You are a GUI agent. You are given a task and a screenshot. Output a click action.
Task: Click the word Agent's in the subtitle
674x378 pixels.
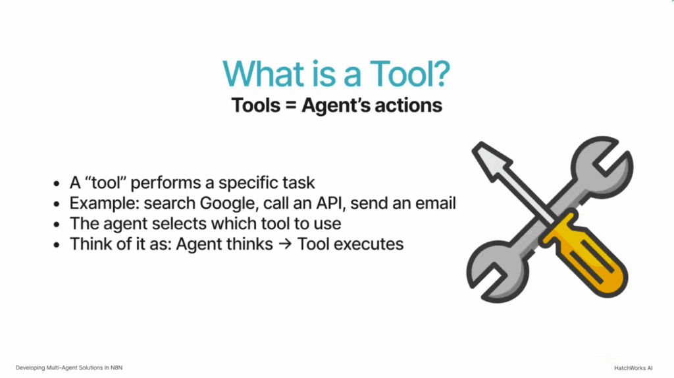pyautogui.click(x=343, y=105)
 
